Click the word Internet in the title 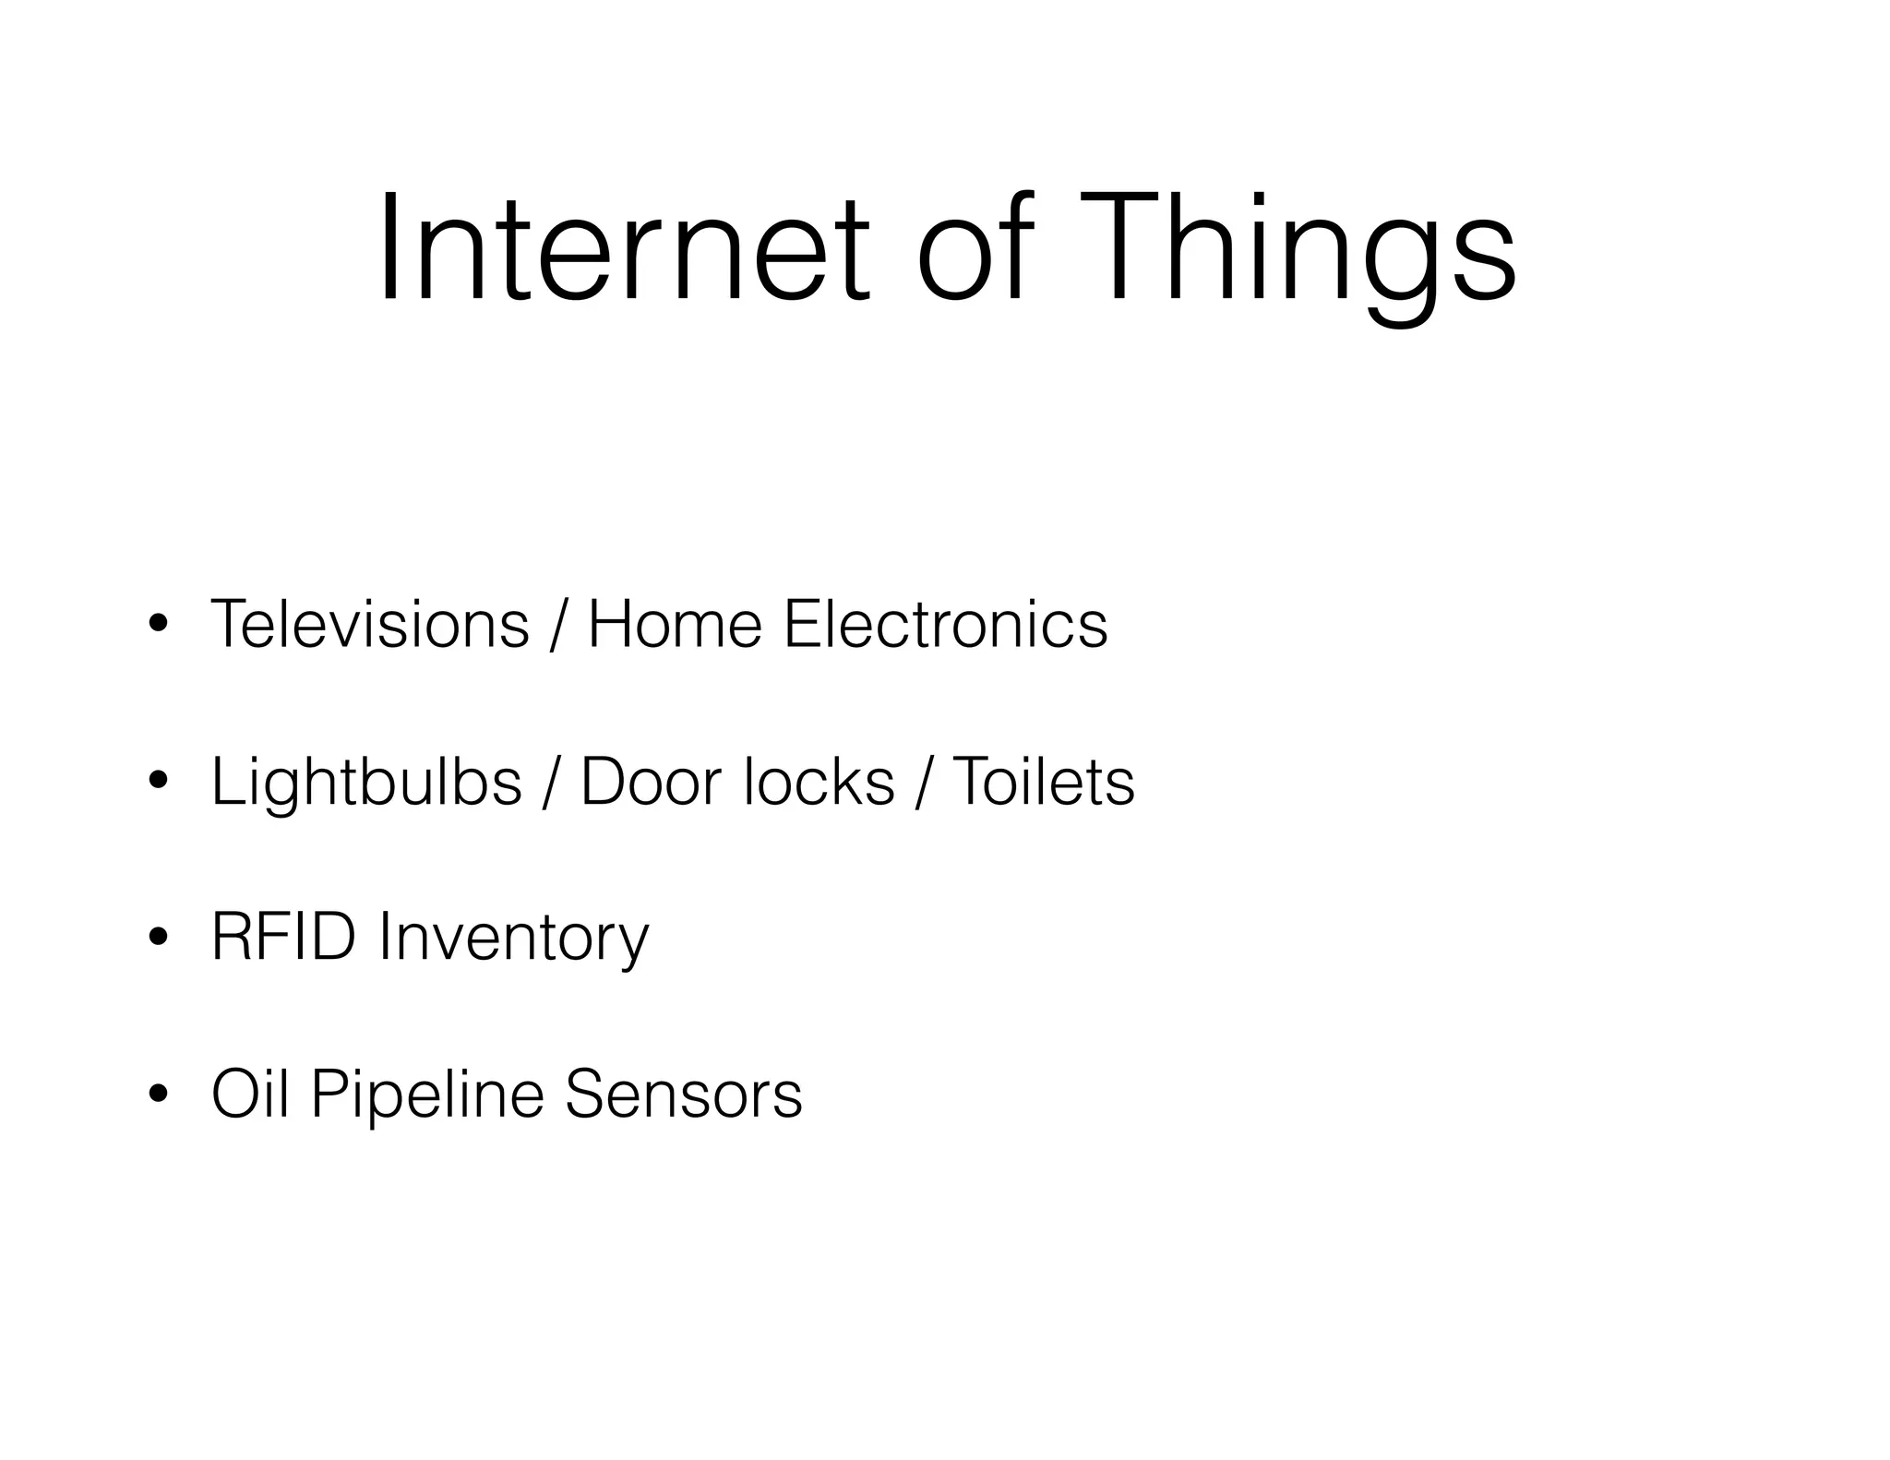(x=623, y=247)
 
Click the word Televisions (x=370, y=625)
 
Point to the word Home (x=675, y=625)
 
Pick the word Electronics (x=945, y=625)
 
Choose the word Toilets (x=1043, y=783)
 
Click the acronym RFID (x=283, y=938)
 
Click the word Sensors (x=683, y=1095)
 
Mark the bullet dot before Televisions (x=158, y=625)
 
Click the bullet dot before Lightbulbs (x=158, y=783)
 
